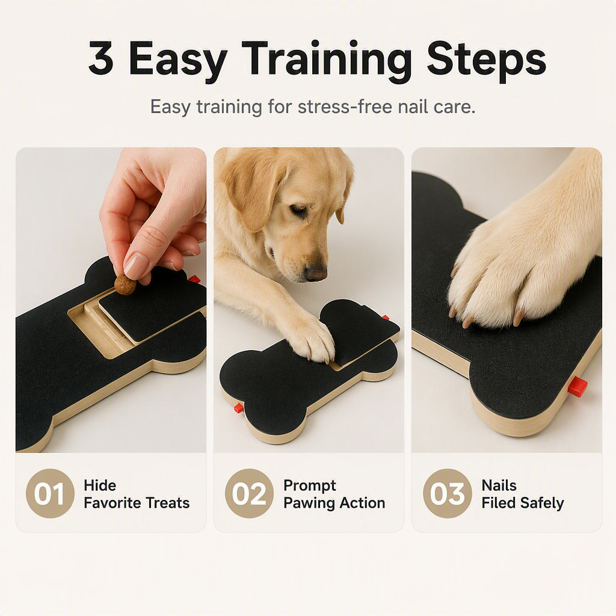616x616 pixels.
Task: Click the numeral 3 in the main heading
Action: [101, 58]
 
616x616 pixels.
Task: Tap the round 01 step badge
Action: [50, 493]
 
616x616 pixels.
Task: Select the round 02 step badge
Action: [249, 493]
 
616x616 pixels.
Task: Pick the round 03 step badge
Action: [447, 493]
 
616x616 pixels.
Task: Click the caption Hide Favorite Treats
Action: [137, 494]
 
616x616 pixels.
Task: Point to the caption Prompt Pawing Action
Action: [334, 494]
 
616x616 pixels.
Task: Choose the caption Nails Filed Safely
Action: [523, 494]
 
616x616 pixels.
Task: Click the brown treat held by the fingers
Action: [125, 285]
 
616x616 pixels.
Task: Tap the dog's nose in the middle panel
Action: [315, 273]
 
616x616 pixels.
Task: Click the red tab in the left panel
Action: [194, 279]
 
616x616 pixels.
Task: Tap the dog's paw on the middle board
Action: [314, 340]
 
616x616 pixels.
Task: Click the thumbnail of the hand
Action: [137, 265]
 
